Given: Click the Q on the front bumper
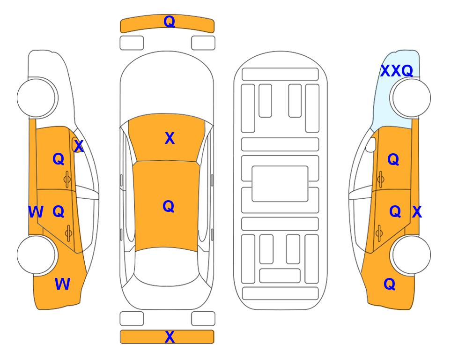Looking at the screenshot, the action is point(169,22).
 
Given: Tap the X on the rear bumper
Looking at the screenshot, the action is point(170,337).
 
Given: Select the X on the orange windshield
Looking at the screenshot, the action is point(170,138).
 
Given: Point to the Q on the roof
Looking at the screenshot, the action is point(169,207).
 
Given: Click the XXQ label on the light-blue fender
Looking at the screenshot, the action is point(397,71).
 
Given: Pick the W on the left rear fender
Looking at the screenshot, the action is point(62,284).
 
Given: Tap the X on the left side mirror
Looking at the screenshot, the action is point(79,146).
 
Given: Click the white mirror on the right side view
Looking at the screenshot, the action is point(371,144).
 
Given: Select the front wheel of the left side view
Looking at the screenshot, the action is point(37,98).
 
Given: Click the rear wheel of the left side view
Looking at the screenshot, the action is point(37,255).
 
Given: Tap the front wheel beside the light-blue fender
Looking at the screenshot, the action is point(410,98).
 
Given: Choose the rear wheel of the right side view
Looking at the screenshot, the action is point(411,255).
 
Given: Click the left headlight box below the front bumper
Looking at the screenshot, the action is point(132,43).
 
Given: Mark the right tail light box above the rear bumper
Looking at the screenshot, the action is point(203,319).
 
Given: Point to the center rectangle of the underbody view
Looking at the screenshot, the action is point(280,184).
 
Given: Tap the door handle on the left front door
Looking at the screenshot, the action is point(67,180).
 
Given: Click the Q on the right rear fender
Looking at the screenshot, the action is point(390,284).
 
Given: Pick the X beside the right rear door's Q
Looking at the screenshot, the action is point(417,212).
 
